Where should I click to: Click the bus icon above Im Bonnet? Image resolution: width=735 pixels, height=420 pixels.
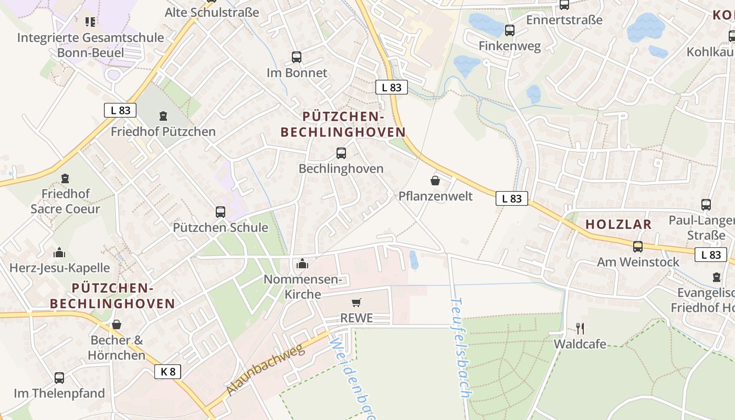pyautogui.click(x=297, y=57)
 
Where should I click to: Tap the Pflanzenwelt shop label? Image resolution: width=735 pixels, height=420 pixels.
pyautogui.click(x=435, y=196)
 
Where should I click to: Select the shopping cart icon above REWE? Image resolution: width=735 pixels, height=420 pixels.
pyautogui.click(x=356, y=302)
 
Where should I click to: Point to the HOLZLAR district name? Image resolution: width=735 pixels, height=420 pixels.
pyautogui.click(x=618, y=224)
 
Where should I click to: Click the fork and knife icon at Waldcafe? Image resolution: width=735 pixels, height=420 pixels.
pyautogui.click(x=580, y=329)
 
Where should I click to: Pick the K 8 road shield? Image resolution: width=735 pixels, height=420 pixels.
pyautogui.click(x=168, y=372)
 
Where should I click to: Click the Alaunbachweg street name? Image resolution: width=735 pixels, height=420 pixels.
pyautogui.click(x=266, y=370)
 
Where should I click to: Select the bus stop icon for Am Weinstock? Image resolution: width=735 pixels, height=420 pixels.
pyautogui.click(x=638, y=247)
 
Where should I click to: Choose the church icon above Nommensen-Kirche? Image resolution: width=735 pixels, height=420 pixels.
pyautogui.click(x=302, y=264)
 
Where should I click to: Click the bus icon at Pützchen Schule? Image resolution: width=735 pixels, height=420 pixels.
pyautogui.click(x=220, y=212)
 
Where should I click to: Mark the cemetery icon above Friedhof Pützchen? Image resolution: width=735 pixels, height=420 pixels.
pyautogui.click(x=163, y=116)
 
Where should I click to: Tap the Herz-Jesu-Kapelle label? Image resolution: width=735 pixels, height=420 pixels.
pyautogui.click(x=59, y=268)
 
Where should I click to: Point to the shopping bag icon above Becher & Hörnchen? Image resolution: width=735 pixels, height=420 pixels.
pyautogui.click(x=117, y=325)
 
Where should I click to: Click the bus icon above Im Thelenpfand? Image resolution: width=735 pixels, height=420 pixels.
pyautogui.click(x=59, y=378)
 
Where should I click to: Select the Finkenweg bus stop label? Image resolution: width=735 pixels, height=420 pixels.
pyautogui.click(x=509, y=46)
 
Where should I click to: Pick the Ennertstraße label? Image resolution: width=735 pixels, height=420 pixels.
pyautogui.click(x=564, y=20)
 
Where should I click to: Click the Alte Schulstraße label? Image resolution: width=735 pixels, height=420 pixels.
pyautogui.click(x=212, y=12)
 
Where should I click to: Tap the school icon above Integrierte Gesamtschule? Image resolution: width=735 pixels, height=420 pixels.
pyautogui.click(x=90, y=22)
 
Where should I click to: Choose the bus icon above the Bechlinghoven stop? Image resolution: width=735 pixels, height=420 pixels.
pyautogui.click(x=341, y=153)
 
